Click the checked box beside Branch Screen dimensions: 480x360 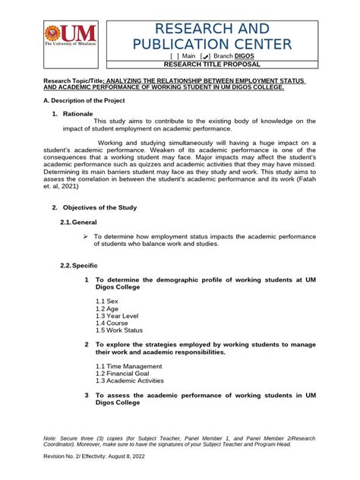[x=183, y=56]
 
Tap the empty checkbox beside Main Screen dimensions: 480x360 [x=157, y=56]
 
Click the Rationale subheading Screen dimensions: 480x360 [x=77, y=113]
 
